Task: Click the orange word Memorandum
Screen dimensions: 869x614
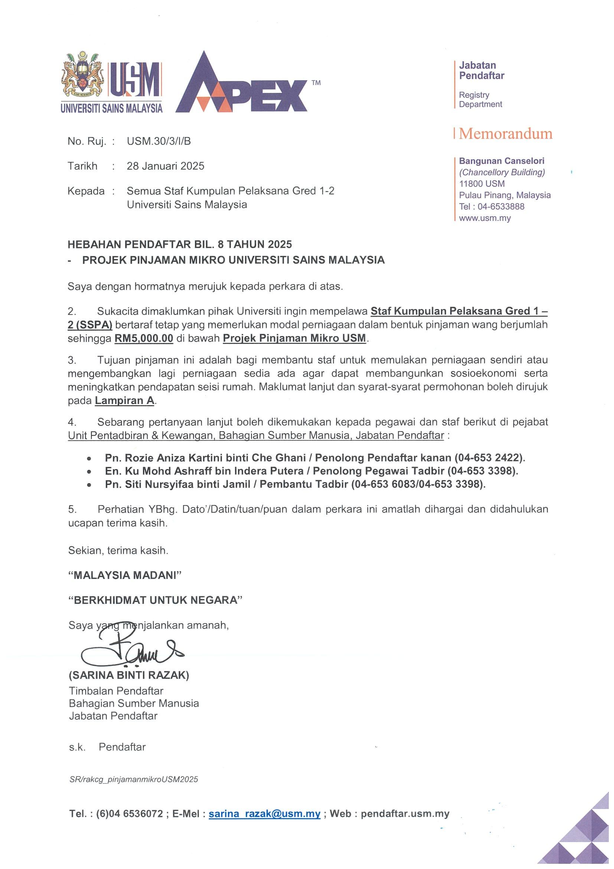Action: (x=506, y=134)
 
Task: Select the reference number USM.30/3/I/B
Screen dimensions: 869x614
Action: (x=159, y=141)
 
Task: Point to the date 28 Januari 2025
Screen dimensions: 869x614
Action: (x=165, y=166)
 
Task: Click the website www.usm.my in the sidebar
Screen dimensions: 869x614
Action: (x=484, y=218)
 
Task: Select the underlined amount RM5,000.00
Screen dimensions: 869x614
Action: (x=144, y=338)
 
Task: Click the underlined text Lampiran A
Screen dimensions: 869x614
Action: (x=124, y=400)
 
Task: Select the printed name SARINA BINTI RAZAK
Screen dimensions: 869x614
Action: (x=128, y=675)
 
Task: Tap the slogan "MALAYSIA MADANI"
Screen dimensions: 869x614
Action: (x=124, y=575)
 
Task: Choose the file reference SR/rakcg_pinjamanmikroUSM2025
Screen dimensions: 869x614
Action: (x=134, y=779)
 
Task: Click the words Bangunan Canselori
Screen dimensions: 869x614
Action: (x=501, y=161)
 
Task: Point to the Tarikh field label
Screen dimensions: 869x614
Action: (x=82, y=166)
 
